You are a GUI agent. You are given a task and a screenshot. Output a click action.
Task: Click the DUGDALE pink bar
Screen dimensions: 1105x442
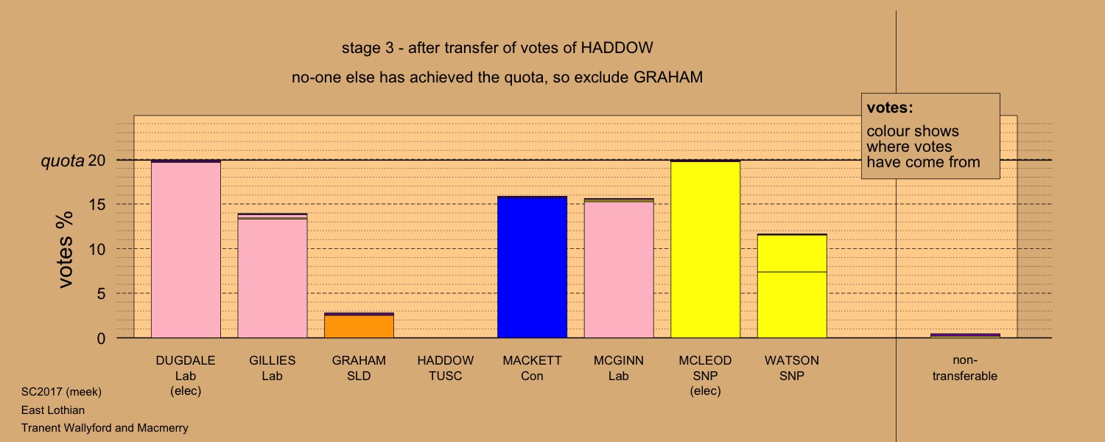pos(186,249)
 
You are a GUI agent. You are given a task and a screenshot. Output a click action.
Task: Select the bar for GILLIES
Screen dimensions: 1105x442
pos(273,276)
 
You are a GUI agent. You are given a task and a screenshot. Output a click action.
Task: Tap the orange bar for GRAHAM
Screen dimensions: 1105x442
pos(359,326)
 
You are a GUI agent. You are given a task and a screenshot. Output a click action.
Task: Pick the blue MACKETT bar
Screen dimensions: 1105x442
pos(533,267)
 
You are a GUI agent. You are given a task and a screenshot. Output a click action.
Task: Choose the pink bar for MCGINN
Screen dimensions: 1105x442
pos(619,268)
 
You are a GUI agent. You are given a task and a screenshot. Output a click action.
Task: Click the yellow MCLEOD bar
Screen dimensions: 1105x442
pos(706,249)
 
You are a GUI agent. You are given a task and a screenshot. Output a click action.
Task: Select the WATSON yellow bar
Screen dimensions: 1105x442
pos(792,286)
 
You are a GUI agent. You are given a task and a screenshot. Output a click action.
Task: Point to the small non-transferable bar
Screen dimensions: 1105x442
pos(965,336)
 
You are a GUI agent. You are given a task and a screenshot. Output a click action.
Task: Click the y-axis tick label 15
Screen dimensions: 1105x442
pos(97,205)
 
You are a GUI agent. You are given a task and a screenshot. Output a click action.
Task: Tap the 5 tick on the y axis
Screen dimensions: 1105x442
pos(101,294)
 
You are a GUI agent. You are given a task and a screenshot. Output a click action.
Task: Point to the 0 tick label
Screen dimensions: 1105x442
pos(101,338)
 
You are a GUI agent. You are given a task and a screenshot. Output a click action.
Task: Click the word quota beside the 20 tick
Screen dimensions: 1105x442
pos(63,161)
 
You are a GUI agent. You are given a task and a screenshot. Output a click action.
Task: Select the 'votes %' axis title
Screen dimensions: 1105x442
pos(66,250)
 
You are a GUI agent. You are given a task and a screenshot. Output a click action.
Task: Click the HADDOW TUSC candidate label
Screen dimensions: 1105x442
pos(446,368)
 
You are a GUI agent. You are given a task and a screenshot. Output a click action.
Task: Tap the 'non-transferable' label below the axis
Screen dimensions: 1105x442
pos(965,368)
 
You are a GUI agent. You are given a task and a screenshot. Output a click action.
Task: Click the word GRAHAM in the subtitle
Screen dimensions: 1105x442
pos(668,77)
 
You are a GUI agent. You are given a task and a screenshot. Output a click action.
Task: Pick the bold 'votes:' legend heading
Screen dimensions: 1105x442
pos(890,108)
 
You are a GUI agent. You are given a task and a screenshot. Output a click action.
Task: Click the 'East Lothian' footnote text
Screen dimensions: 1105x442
pos(53,410)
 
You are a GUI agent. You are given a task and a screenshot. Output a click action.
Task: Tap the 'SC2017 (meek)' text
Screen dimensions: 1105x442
pos(61,392)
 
